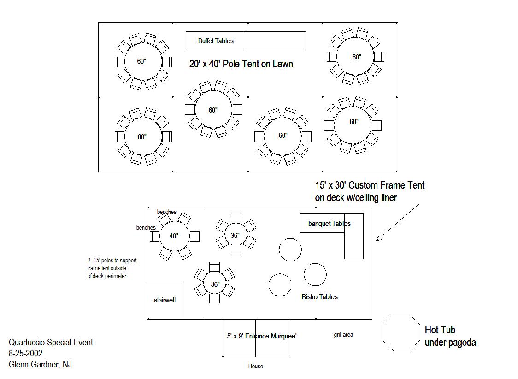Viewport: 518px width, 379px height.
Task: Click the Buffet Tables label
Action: click(216, 41)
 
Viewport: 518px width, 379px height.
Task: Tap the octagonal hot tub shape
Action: click(401, 332)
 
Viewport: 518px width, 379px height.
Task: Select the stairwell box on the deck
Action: click(165, 300)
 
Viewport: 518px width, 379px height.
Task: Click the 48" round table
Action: click(174, 236)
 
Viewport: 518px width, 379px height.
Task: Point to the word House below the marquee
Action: click(255, 367)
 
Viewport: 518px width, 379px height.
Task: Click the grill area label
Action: click(343, 335)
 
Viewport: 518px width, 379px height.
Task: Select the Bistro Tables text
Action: click(319, 297)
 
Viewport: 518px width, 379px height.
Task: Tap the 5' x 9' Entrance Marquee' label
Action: click(261, 337)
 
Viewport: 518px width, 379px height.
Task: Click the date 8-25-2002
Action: click(25, 354)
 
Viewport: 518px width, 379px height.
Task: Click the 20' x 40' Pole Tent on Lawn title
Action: click(241, 64)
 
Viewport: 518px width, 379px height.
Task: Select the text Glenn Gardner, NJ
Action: click(40, 365)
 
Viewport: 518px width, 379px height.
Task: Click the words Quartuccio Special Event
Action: click(51, 343)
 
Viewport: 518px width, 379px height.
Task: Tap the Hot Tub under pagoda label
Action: click(450, 336)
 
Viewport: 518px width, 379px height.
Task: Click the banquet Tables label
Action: click(329, 224)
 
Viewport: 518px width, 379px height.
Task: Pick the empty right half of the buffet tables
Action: click(276, 41)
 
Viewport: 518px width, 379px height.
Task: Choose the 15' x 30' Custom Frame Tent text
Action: click(370, 186)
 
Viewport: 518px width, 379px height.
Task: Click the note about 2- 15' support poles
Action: click(112, 268)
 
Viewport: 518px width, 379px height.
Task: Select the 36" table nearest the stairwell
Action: click(215, 285)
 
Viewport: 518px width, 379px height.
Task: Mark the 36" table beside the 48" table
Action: click(235, 236)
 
